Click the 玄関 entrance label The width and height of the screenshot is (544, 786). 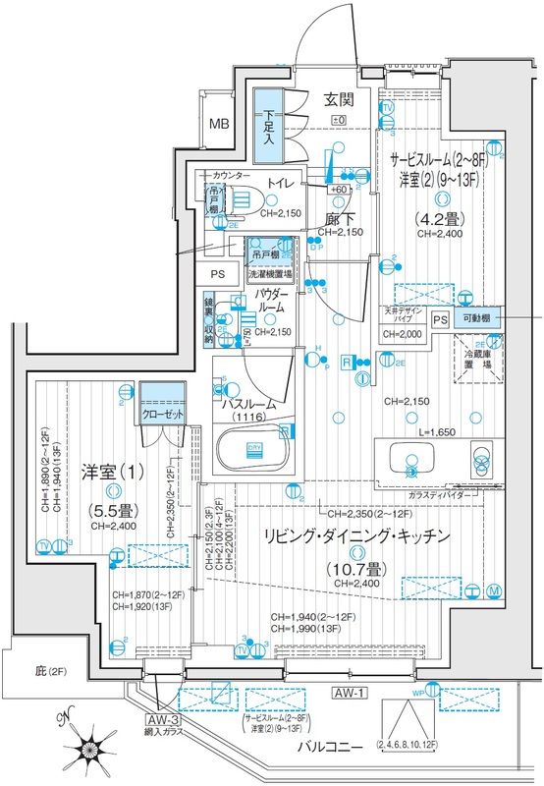(x=340, y=99)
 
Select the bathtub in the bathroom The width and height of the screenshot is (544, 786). (x=250, y=455)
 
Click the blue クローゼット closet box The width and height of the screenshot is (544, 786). (x=163, y=414)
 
